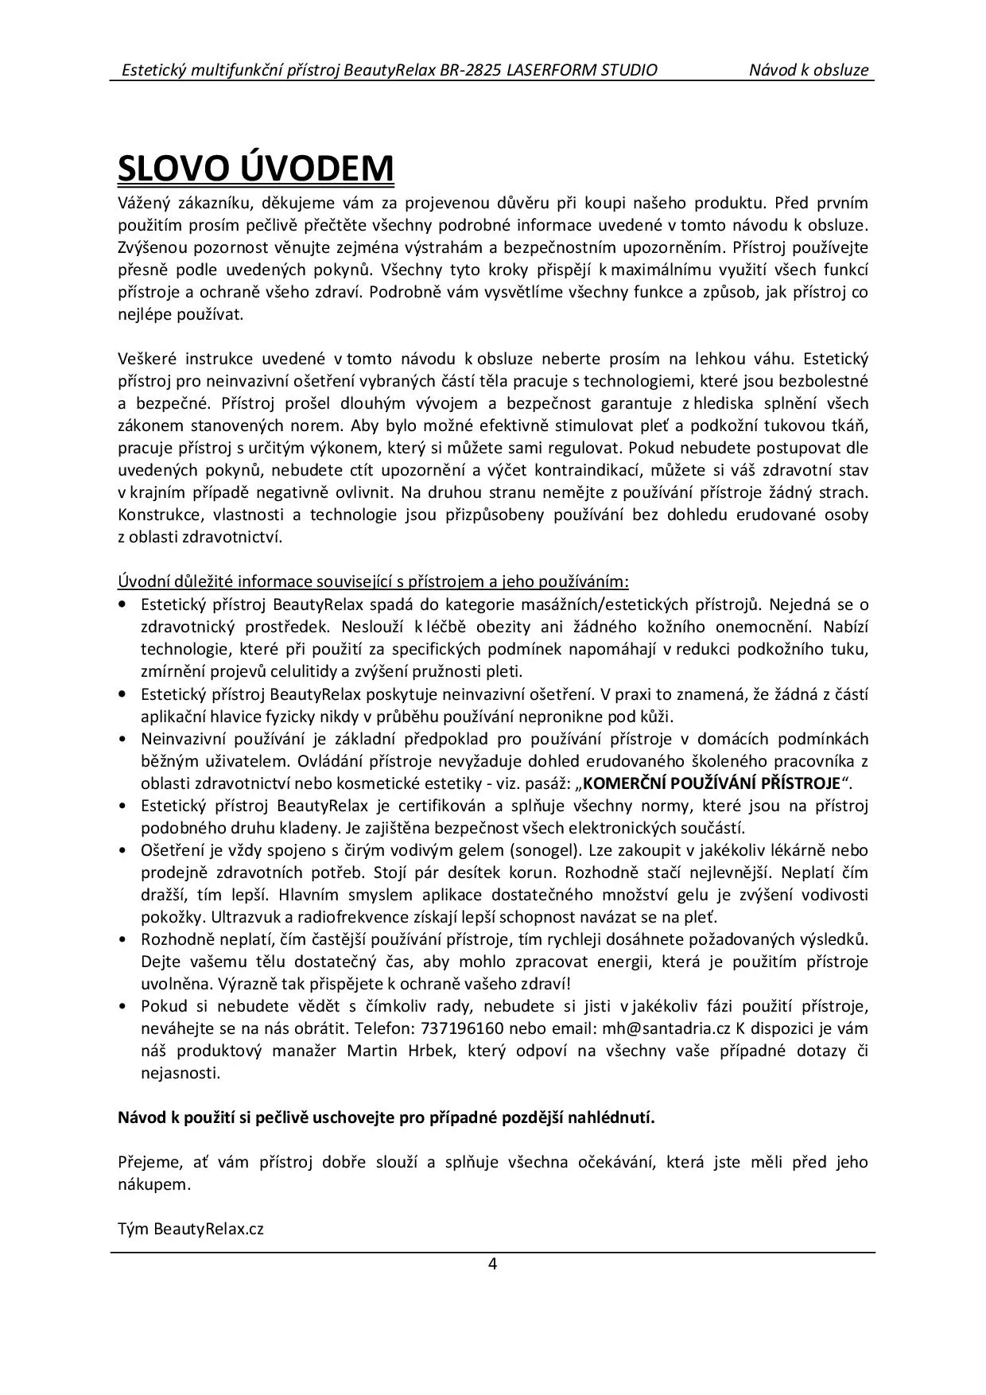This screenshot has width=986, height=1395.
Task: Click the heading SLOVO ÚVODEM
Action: tap(255, 168)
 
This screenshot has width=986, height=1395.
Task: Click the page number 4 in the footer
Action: tap(493, 1265)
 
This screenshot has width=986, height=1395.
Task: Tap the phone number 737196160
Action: tap(463, 1028)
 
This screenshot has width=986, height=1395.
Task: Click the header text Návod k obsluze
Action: tap(809, 70)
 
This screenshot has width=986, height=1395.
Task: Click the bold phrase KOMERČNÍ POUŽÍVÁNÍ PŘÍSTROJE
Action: tap(711, 783)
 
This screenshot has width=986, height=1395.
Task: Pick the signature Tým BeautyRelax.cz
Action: tap(191, 1229)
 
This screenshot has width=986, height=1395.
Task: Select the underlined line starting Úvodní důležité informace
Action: tap(374, 581)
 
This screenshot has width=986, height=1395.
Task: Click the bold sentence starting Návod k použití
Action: tap(386, 1117)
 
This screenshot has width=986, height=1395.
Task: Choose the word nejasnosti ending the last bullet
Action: tap(180, 1073)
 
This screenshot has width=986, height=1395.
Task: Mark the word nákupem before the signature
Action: tap(154, 1184)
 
